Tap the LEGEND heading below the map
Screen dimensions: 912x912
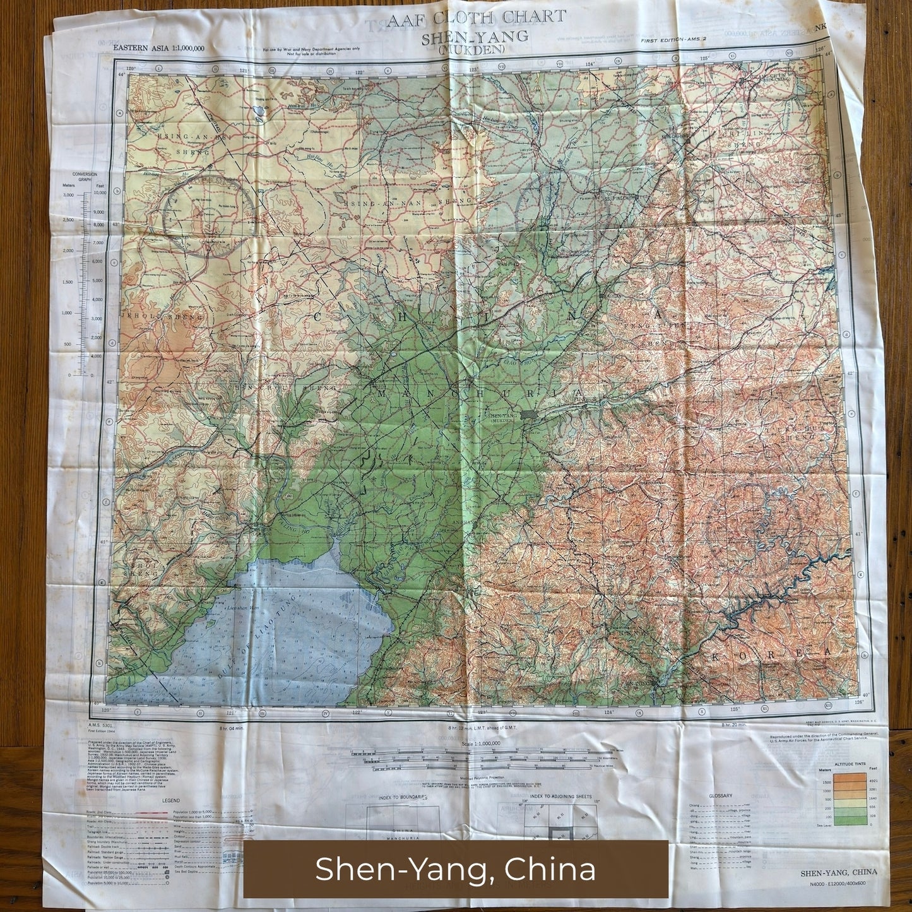click(170, 800)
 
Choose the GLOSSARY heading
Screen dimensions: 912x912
click(720, 795)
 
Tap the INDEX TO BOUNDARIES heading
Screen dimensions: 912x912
click(402, 797)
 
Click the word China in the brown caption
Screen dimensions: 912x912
click(550, 869)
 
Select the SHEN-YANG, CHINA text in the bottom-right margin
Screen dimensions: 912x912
click(838, 873)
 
